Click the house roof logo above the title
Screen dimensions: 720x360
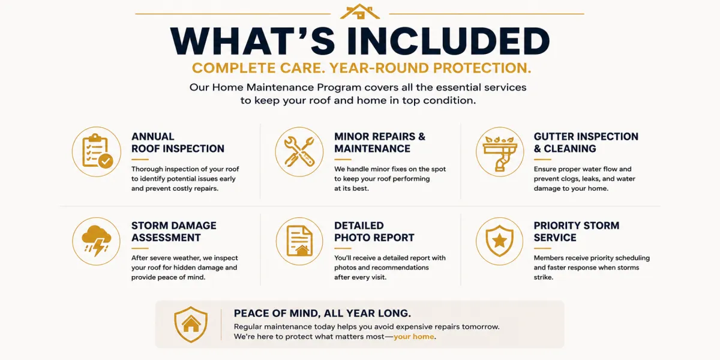pyautogui.click(x=359, y=11)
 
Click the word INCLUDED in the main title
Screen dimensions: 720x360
pyautogui.click(x=448, y=41)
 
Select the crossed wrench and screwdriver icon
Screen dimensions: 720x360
pyautogui.click(x=299, y=151)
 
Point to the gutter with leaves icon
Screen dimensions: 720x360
pyautogui.click(x=500, y=154)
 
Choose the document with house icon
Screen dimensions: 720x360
pyautogui.click(x=299, y=241)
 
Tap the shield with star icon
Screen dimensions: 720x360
pyautogui.click(x=499, y=241)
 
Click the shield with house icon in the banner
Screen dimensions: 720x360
pyautogui.click(x=191, y=325)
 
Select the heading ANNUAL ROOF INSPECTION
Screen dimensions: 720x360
pyautogui.click(x=178, y=142)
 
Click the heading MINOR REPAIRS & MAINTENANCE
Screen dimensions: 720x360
pyautogui.click(x=380, y=142)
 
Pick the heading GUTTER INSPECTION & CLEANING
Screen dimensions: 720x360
pyautogui.click(x=586, y=142)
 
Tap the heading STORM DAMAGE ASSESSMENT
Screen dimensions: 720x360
pyautogui.click(x=173, y=232)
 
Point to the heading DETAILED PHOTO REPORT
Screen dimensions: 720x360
pyautogui.click(x=374, y=232)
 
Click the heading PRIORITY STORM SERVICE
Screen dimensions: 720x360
pyautogui.click(x=577, y=232)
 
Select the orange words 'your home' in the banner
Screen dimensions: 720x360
pyautogui.click(x=413, y=337)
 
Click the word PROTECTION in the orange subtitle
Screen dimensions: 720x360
pyautogui.click(x=482, y=68)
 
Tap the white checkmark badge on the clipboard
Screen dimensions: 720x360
pyautogui.click(x=106, y=161)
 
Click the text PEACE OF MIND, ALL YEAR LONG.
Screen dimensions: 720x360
pyautogui.click(x=322, y=313)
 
